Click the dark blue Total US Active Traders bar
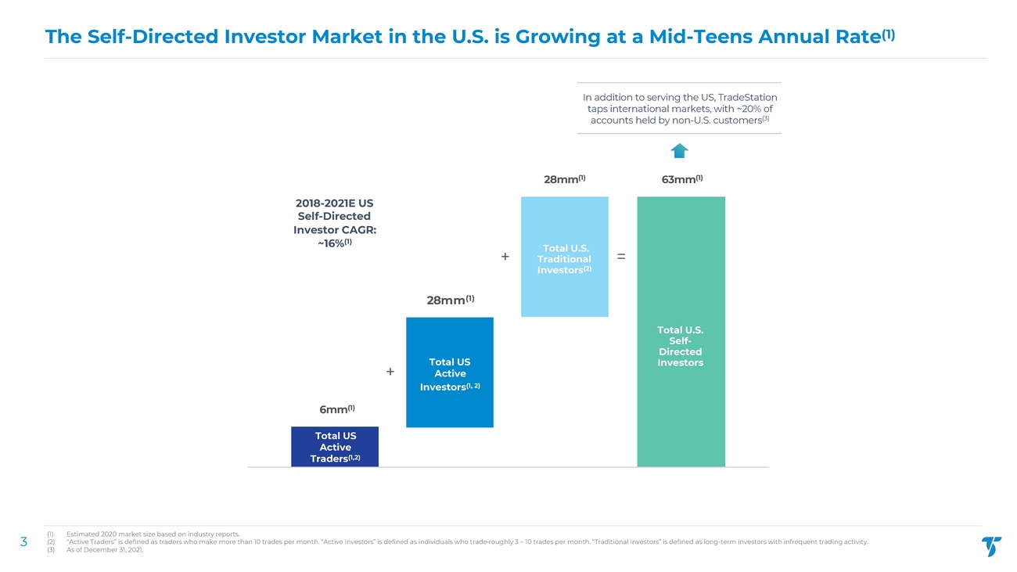click(334, 447)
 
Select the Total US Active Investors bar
click(449, 372)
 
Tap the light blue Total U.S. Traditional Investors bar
click(564, 257)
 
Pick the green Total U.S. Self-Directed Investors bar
click(681, 332)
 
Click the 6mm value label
click(337, 409)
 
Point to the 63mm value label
click(681, 180)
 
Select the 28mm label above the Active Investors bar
click(449, 300)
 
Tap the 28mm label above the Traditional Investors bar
click(564, 180)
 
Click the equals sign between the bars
click(621, 256)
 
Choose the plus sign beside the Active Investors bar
click(390, 372)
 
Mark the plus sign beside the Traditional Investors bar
click(505, 257)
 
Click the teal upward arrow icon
click(679, 151)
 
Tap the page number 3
click(23, 541)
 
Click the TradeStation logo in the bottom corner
click(990, 546)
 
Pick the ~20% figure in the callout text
click(740, 109)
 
